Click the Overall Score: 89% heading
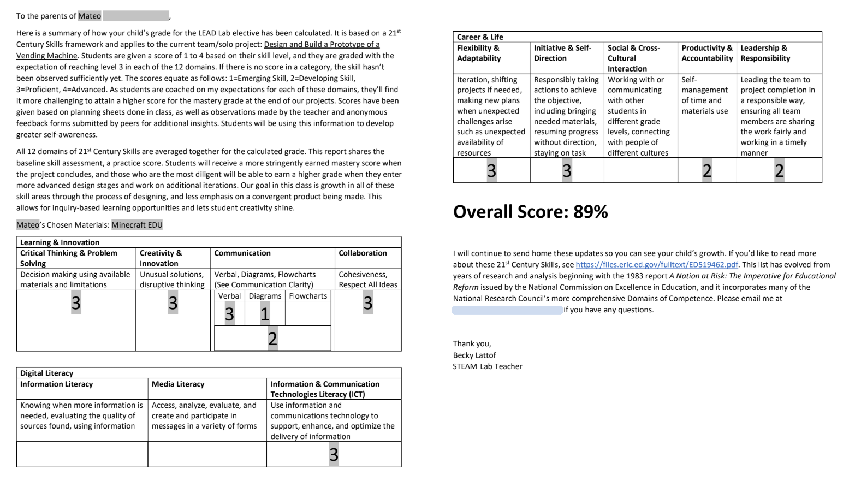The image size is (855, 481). tap(530, 212)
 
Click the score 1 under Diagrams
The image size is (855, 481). tap(265, 314)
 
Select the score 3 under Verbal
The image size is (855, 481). tap(229, 314)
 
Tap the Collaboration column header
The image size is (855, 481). tap(363, 253)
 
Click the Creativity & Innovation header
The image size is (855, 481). tap(161, 258)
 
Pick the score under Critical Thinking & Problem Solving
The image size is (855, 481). tap(76, 302)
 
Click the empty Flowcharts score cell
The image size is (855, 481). tap(307, 314)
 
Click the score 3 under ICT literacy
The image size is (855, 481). tap(334, 454)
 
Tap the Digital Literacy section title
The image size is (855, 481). tap(46, 373)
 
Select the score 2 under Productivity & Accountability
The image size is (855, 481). tap(707, 171)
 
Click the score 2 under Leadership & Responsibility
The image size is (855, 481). tap(779, 171)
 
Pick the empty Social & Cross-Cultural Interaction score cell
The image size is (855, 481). tap(640, 171)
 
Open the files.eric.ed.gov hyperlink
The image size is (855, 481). tap(656, 265)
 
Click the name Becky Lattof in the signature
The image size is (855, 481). tap(474, 355)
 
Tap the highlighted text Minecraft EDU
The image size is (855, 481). tap(137, 225)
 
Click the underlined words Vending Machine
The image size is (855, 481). tap(46, 56)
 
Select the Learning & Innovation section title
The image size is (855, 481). tap(60, 242)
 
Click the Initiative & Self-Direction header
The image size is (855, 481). tap(562, 53)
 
